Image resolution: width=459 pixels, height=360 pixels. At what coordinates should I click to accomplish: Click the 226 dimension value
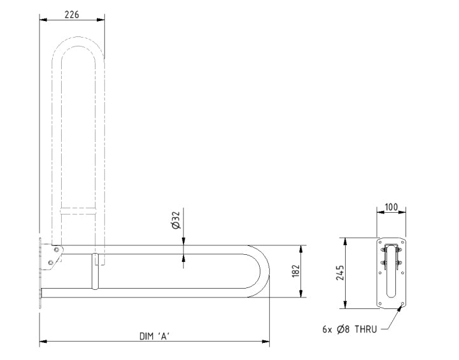[72, 15]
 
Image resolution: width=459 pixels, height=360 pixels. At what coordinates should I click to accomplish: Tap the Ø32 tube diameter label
[176, 220]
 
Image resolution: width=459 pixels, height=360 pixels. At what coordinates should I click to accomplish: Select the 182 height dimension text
[296, 271]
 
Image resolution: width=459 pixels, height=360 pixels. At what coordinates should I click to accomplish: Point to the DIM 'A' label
[155, 336]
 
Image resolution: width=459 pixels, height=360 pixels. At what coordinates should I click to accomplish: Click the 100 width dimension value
[391, 207]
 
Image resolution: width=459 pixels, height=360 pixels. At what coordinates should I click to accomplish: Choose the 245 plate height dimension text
[340, 273]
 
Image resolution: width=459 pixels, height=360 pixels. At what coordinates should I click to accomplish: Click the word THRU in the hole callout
[366, 329]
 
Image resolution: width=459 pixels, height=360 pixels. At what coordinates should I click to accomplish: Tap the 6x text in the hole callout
[327, 329]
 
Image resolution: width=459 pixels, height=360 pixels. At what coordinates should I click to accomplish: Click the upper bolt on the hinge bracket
[57, 250]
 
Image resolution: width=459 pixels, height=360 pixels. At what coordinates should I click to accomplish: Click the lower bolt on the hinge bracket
[50, 262]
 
